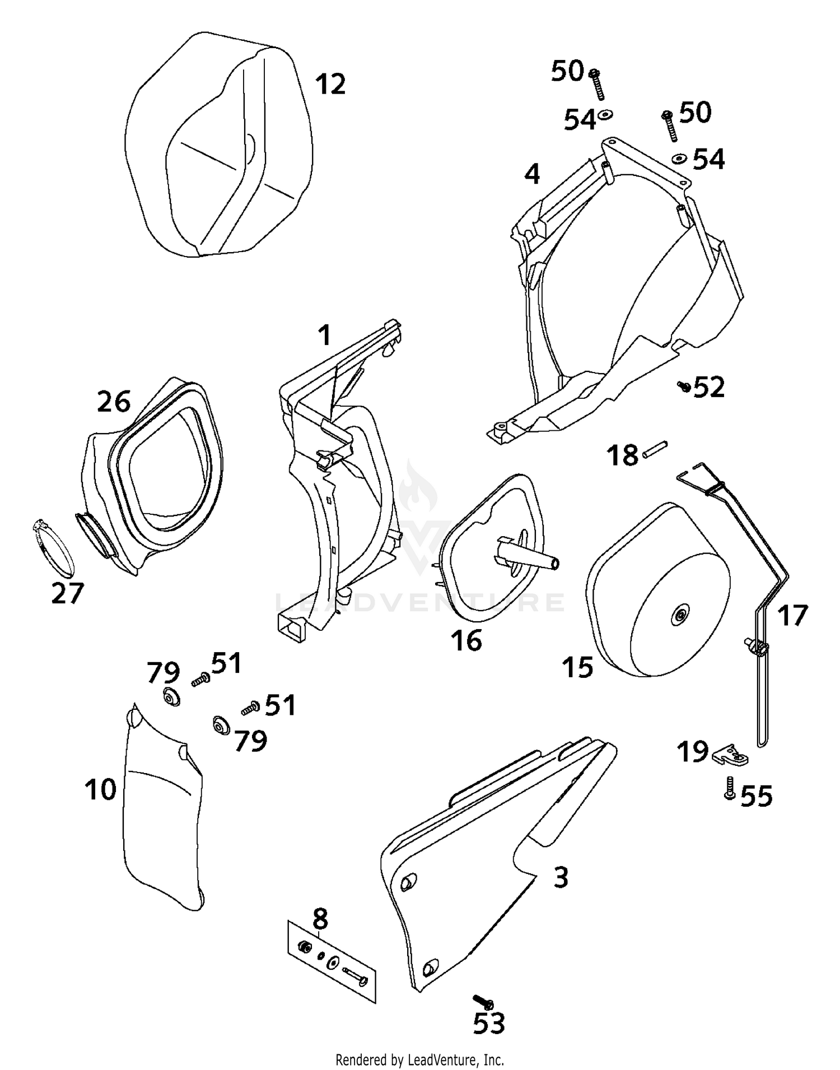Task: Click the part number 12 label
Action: tap(330, 85)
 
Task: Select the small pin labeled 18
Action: tap(654, 449)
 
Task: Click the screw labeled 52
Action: tap(684, 386)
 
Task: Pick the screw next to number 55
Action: tap(729, 787)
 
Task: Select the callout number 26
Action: tap(114, 402)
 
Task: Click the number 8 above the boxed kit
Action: tap(320, 919)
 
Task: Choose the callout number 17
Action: tap(792, 616)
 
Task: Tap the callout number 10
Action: tap(100, 789)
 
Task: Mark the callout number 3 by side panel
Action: tap(561, 877)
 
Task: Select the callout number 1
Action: tap(324, 336)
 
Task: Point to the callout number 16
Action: tap(466, 640)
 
